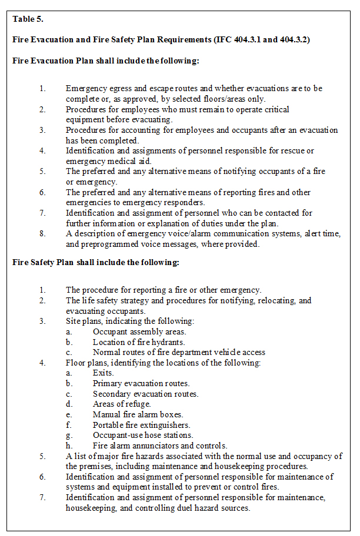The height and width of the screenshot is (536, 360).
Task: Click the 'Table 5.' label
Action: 28,19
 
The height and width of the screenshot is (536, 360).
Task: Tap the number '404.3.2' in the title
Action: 291,39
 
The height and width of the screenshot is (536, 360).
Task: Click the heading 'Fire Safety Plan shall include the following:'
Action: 96,262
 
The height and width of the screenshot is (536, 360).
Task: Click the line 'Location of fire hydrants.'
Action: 139,342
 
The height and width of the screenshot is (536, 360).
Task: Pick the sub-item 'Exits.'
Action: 104,373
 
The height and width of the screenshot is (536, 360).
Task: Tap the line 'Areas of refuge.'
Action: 122,404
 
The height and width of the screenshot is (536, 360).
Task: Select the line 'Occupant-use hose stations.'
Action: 143,435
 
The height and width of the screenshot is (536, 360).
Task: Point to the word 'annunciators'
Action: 156,445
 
